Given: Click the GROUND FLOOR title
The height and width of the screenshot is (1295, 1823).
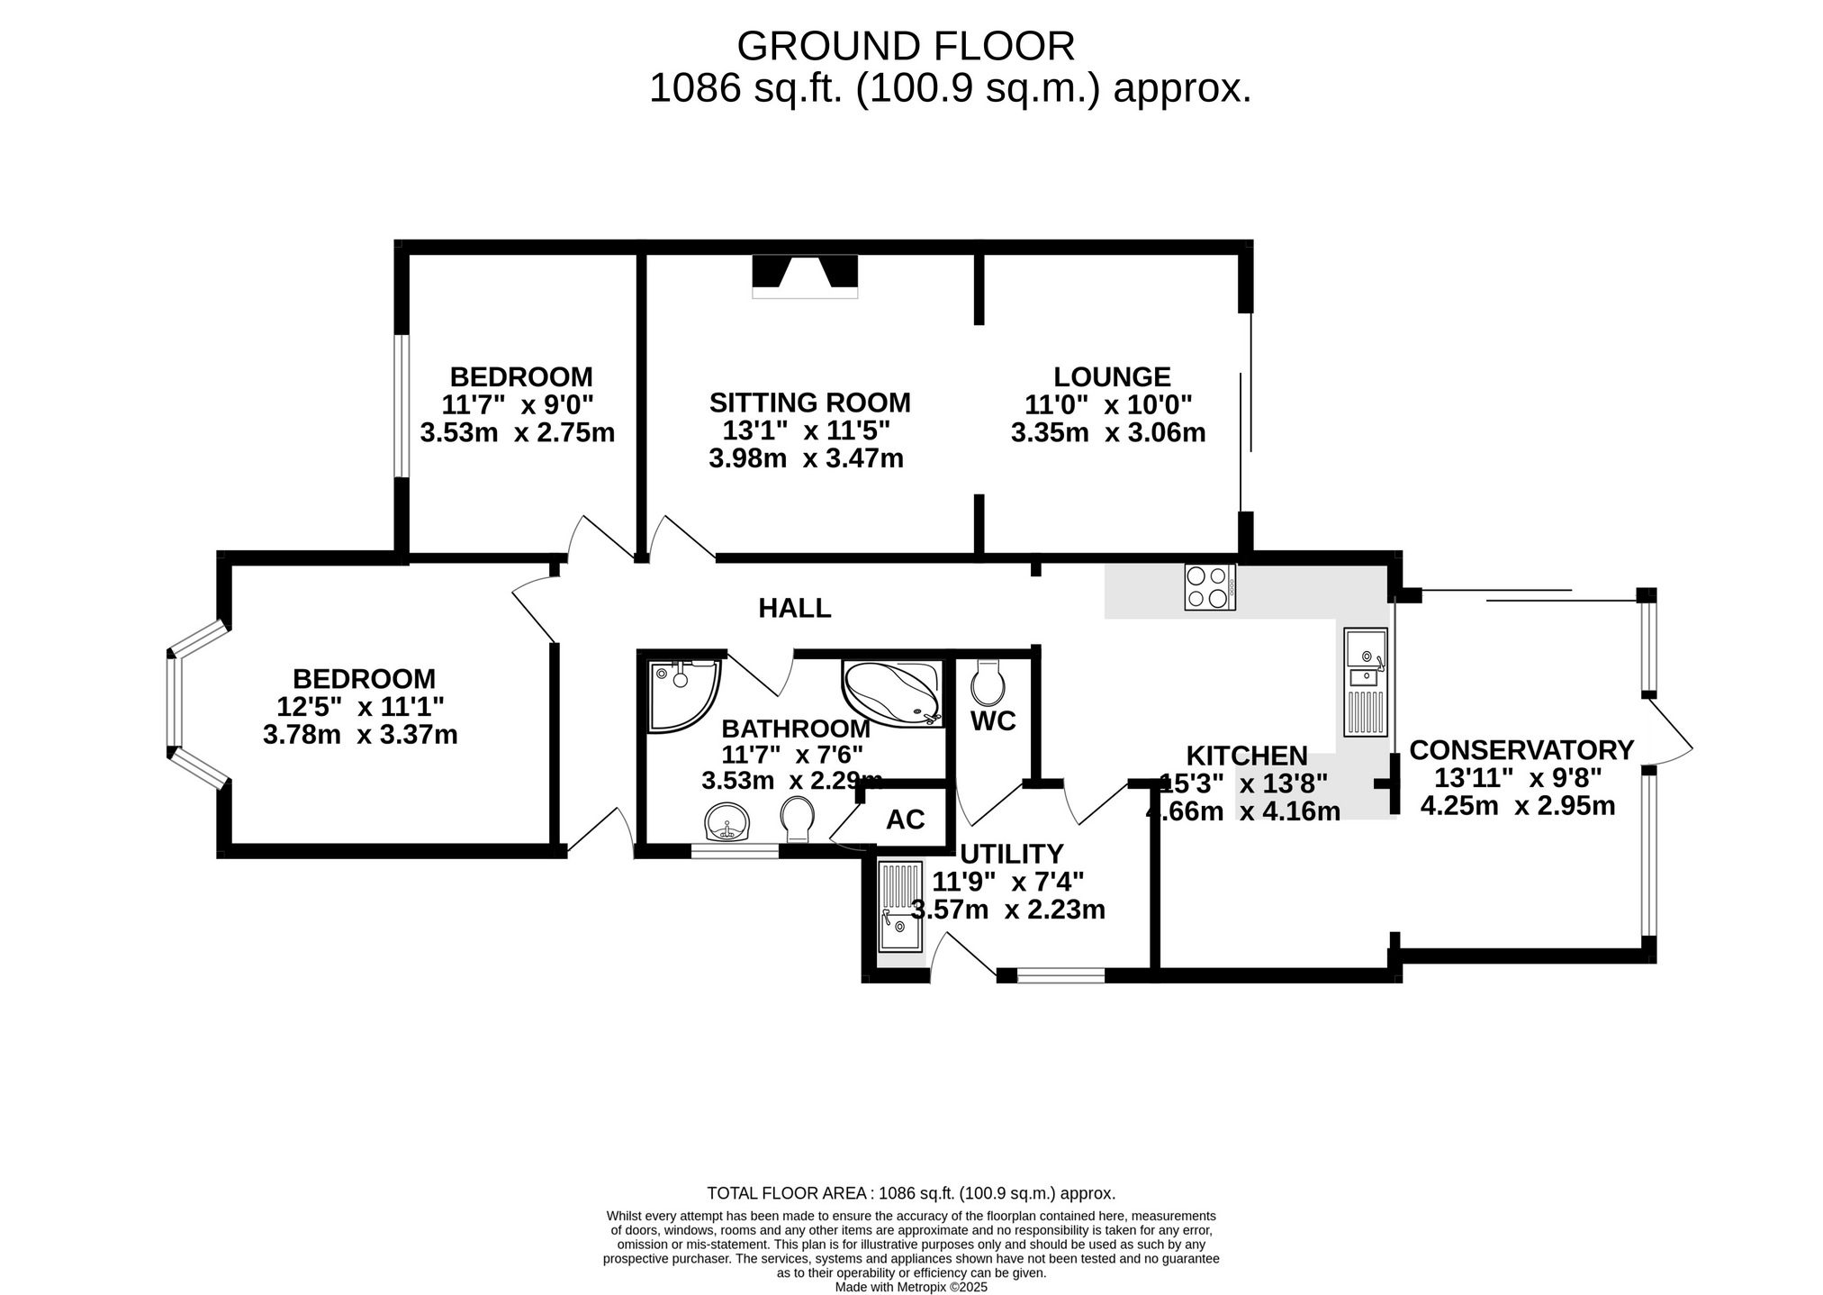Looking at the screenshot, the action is [x=906, y=46].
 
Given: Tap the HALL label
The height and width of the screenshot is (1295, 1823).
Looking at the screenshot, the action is [x=795, y=609].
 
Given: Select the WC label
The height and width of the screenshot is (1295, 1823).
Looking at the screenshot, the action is [x=993, y=721].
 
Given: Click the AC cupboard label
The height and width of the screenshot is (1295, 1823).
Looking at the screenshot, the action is [x=905, y=820].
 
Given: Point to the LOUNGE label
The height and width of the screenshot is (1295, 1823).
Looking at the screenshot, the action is [x=1112, y=376].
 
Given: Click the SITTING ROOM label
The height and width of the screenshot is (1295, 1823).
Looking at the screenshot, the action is [x=809, y=403].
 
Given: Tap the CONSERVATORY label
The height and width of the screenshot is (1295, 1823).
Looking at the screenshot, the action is [x=1521, y=750].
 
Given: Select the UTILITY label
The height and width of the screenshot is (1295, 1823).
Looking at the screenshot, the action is [x=1012, y=854].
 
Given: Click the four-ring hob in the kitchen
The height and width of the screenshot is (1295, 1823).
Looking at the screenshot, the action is [x=1210, y=587].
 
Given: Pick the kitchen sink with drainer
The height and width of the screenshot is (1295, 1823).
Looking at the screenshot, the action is [x=1366, y=682].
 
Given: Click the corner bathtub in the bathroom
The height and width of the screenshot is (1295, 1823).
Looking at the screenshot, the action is [x=892, y=693].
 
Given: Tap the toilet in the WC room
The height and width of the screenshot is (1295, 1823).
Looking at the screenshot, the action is [x=988, y=684].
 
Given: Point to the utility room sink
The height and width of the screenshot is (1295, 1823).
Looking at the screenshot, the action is [x=900, y=907].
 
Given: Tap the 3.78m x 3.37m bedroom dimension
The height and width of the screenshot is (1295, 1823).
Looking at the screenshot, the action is [x=360, y=736].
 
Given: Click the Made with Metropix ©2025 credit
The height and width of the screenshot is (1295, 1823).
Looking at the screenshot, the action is [x=911, y=1288].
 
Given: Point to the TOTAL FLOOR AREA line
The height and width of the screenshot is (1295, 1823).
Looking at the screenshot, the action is [x=911, y=1194].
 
